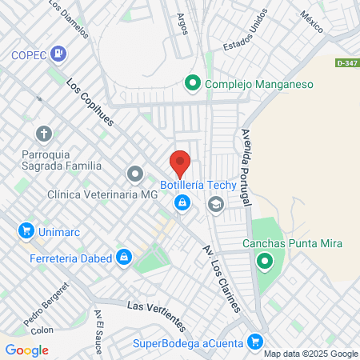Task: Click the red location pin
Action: (180, 163)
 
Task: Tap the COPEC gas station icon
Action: (58, 54)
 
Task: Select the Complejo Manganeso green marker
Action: (193, 82)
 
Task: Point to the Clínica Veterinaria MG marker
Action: (135, 174)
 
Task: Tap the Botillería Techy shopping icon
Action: (183, 205)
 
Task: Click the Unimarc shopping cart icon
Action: (26, 231)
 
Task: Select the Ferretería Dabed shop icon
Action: (123, 258)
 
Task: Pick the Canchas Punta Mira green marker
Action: (264, 261)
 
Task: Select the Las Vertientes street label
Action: (157, 315)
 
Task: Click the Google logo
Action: (27, 350)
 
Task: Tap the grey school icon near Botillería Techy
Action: (215, 205)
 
